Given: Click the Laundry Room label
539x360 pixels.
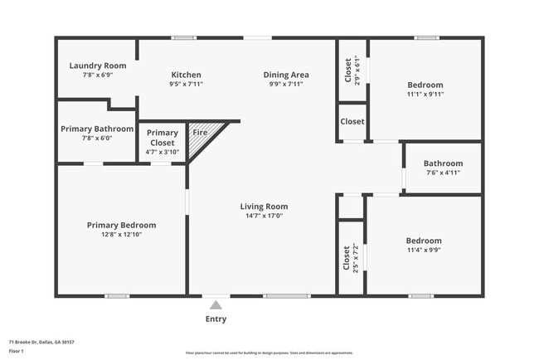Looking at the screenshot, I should coord(97,66).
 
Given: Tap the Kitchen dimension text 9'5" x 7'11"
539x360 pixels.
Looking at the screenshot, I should coord(186,84).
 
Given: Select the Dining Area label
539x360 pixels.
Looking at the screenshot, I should coord(286,74).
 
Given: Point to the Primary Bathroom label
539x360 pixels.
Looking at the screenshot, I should coord(97,129).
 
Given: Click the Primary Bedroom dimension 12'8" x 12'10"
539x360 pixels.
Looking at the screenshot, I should coord(121,235).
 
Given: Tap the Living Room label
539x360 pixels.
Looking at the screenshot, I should coord(264,207).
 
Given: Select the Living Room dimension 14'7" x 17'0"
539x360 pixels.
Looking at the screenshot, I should coord(264,216).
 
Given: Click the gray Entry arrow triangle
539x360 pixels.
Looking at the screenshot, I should coord(216,305).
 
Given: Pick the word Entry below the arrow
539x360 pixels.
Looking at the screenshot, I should coord(216,319).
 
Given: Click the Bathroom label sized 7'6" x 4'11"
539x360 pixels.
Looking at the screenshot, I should coord(443,163).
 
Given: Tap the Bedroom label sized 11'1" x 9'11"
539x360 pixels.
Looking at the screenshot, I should coord(425,85).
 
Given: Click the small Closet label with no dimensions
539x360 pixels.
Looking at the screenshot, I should coord(352,121).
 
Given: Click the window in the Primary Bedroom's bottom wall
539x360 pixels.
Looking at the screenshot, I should coord(117,295).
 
